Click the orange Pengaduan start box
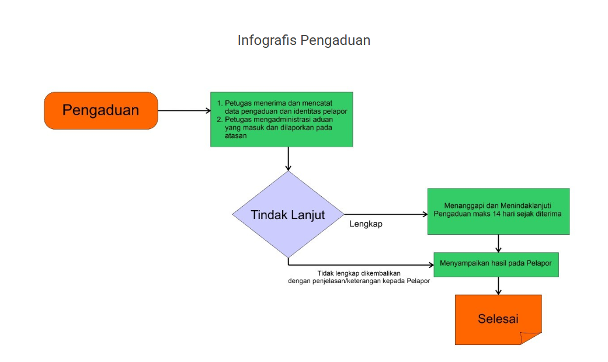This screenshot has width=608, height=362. (x=101, y=110)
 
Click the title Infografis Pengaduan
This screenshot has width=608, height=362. (x=304, y=40)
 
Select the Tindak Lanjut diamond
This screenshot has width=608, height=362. (x=288, y=214)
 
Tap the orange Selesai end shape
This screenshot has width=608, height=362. (x=498, y=319)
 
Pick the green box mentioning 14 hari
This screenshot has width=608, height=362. (x=498, y=211)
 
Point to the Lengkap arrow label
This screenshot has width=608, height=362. (x=366, y=224)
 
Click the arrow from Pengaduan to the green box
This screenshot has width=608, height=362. (x=184, y=110)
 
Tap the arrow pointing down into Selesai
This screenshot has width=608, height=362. (x=498, y=286)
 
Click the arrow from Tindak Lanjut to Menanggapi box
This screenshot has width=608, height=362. (x=385, y=214)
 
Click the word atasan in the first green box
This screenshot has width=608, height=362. (x=236, y=135)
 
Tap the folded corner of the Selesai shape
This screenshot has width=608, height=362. (x=531, y=338)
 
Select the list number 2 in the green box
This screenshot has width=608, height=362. (x=220, y=119)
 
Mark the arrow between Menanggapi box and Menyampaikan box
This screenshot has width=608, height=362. (x=498, y=243)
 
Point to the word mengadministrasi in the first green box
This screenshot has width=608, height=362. (x=280, y=119)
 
